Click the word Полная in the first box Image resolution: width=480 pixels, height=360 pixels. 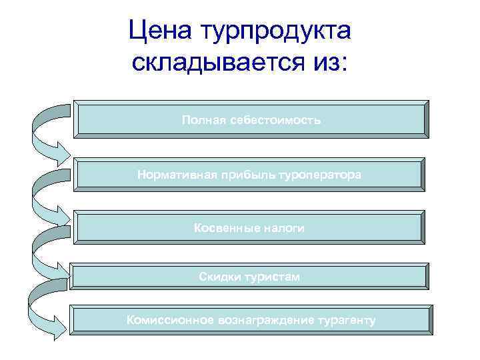pos(203,120)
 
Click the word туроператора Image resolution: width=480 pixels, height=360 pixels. pos(320,175)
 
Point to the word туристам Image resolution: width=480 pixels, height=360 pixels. pos(272,276)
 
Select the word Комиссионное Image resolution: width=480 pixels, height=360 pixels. pos(167,321)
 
